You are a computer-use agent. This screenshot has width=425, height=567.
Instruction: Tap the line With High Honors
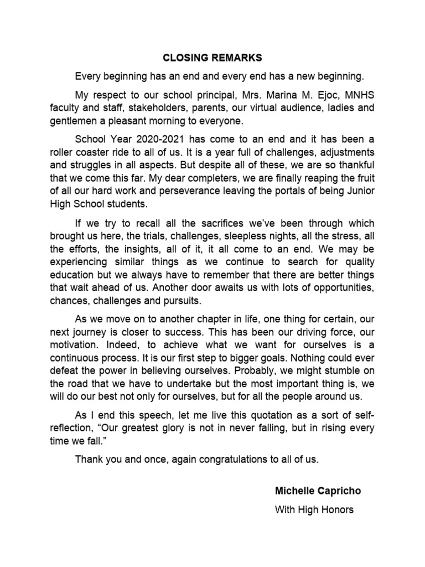pyautogui.click(x=314, y=509)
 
